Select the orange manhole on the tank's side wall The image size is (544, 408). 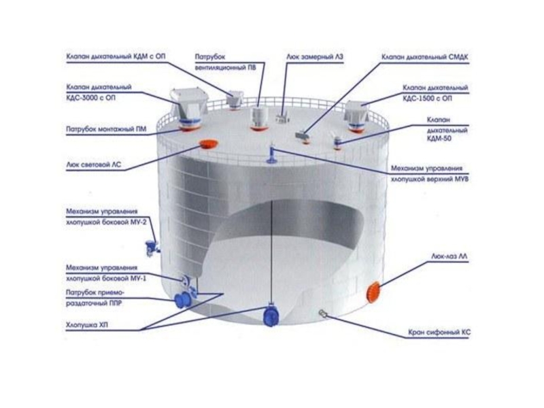click(x=373, y=291)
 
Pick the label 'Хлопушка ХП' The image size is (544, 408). click(x=88, y=324)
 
